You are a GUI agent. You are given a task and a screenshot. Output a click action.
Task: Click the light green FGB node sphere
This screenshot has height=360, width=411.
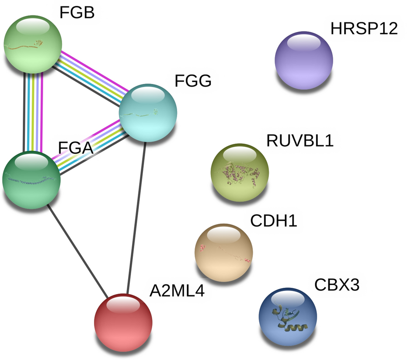(x=33, y=45)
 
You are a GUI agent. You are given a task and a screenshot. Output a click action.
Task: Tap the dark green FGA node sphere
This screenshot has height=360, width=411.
(x=31, y=180)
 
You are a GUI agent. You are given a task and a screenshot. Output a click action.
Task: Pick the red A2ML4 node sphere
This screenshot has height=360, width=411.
(x=123, y=322)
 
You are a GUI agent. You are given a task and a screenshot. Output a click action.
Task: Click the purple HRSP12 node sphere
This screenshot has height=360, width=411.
(x=303, y=60)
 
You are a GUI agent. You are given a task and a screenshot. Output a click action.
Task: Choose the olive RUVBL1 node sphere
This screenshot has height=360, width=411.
(x=240, y=172)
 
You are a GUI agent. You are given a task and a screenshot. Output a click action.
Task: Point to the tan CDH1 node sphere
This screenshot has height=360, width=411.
(x=223, y=253)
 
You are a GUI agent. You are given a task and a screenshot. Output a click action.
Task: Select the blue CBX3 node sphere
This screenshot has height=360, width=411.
(x=288, y=316)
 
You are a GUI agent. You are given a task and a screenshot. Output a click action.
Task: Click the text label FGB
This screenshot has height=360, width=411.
(x=77, y=13)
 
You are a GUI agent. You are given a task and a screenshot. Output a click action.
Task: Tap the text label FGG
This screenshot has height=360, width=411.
(x=193, y=81)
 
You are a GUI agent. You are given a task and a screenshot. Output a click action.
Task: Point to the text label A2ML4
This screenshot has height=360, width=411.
(x=177, y=291)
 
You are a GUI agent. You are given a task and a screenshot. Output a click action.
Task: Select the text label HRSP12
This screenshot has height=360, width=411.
(x=364, y=29)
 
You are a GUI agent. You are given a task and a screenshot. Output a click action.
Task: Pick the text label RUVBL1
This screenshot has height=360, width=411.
(x=300, y=141)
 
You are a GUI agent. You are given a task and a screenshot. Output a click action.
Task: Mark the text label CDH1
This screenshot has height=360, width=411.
(x=274, y=221)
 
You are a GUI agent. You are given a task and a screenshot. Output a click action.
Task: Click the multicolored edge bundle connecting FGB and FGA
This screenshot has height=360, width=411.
(x=33, y=112)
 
